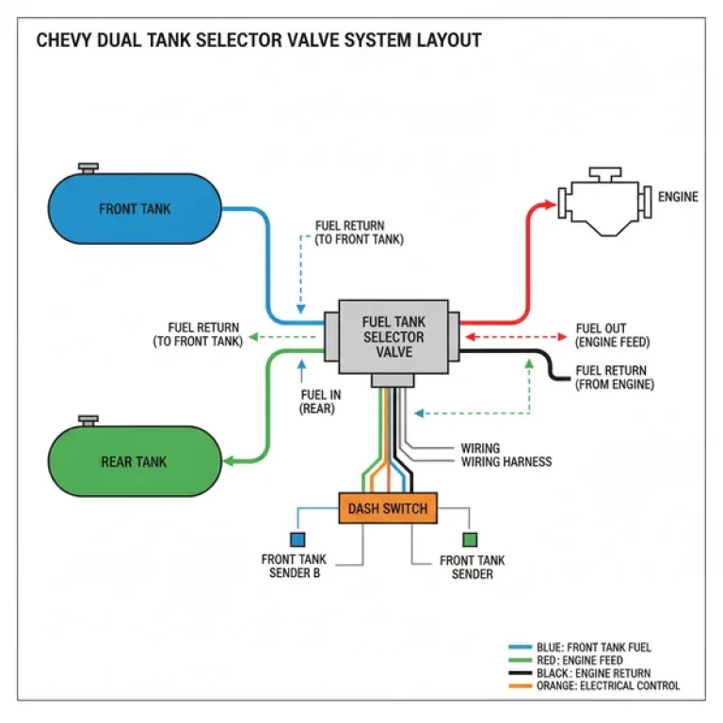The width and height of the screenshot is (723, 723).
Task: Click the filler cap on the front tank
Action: point(88,169)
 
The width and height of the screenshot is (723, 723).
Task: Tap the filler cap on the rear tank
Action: point(88,419)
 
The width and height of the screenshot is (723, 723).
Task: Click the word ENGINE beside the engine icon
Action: point(678,197)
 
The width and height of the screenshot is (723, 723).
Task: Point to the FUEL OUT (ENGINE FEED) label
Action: point(613,335)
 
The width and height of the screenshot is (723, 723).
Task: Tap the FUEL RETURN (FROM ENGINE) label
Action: point(613,378)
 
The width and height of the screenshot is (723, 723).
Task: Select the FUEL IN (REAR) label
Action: point(316,402)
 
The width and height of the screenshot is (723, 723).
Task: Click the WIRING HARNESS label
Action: point(506,462)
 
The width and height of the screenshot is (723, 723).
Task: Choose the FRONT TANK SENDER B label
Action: point(294,567)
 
